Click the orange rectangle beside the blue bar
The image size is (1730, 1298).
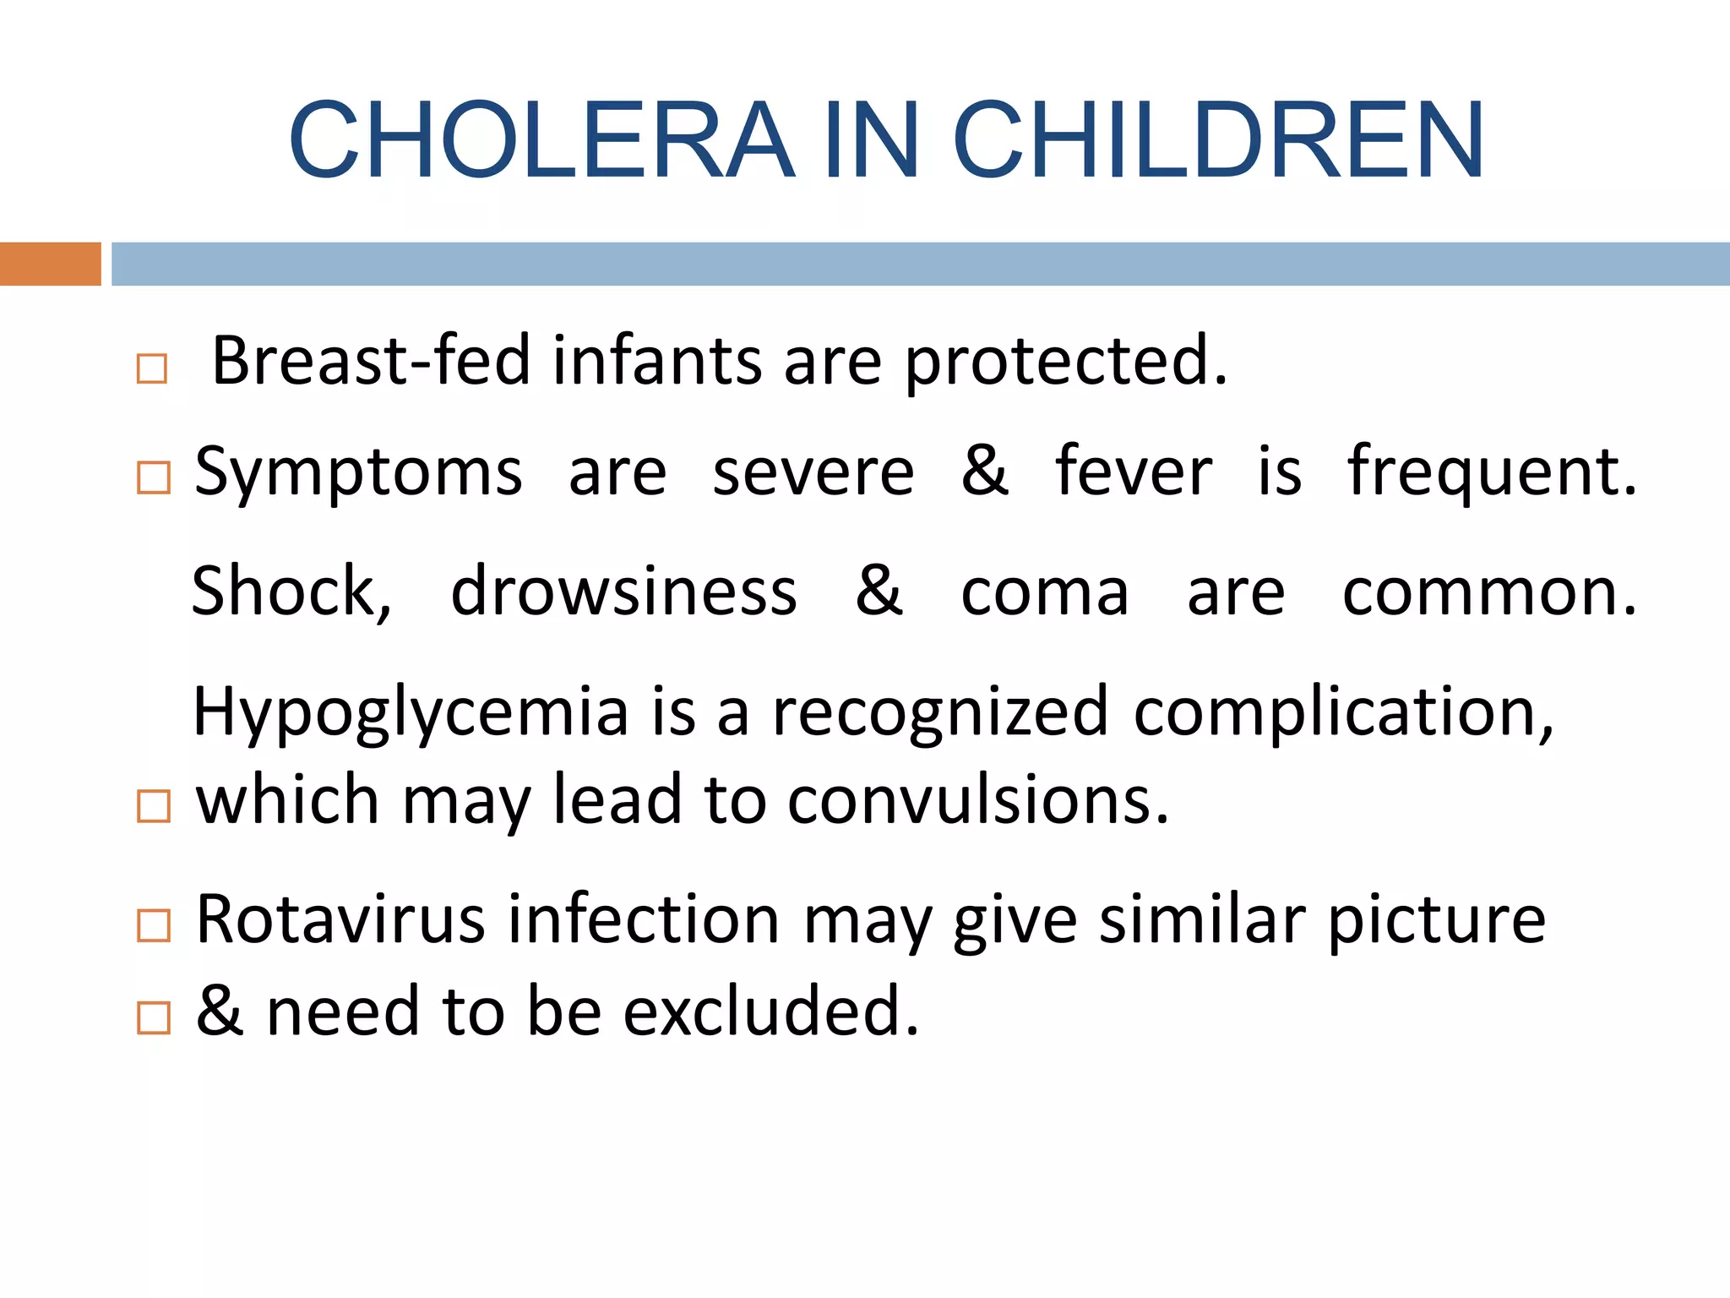pos(50,264)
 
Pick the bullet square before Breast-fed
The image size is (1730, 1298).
pos(152,369)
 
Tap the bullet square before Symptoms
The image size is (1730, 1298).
pos(153,477)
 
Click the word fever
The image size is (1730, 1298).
pos(1133,472)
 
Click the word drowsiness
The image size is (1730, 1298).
pos(623,592)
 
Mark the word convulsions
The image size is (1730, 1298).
pos(978,801)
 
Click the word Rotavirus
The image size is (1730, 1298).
pos(340,919)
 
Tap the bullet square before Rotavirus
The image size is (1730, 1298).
pos(153,926)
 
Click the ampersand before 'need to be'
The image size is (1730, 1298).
pos(220,1011)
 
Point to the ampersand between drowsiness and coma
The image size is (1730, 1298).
pos(879,591)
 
